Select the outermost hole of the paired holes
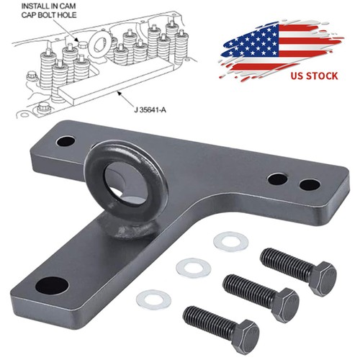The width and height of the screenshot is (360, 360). (309, 184)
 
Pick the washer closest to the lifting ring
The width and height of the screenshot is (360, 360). (230, 240)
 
